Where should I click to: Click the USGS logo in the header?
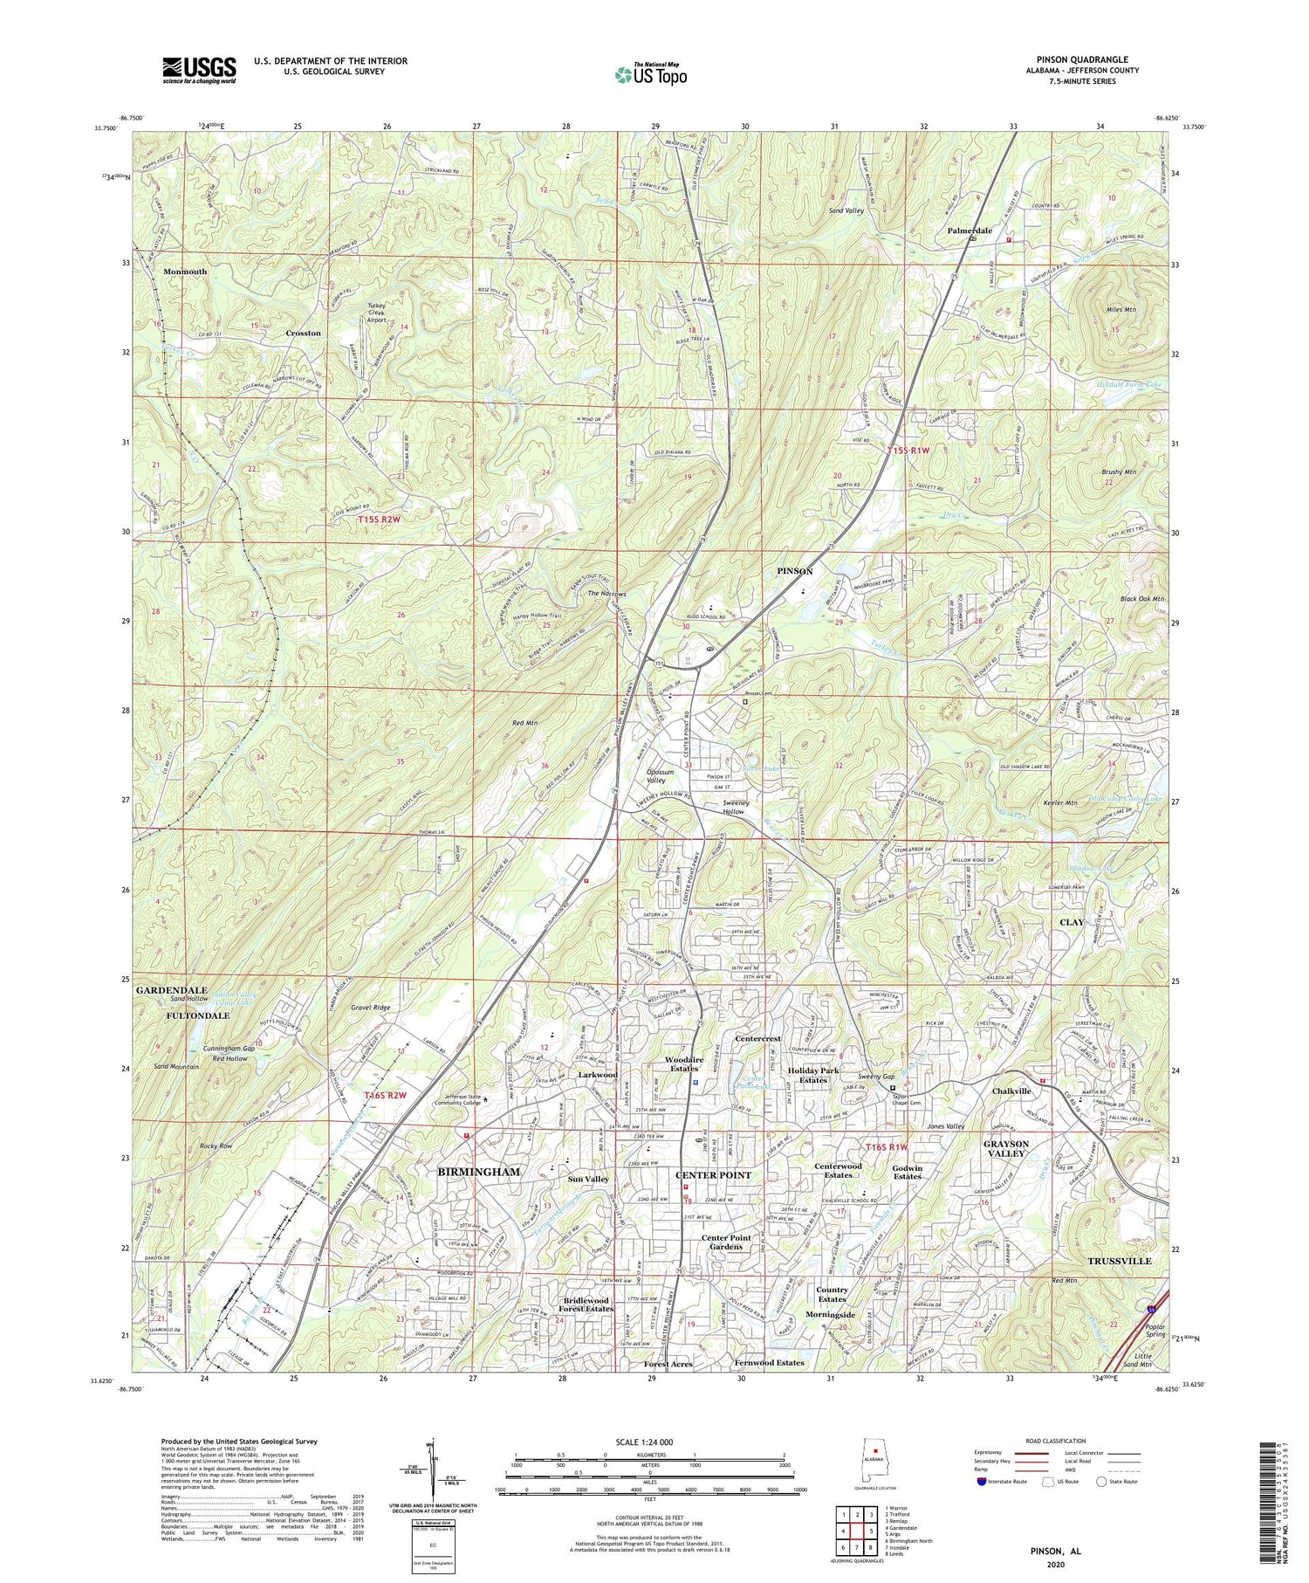click(x=199, y=70)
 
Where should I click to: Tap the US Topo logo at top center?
click(x=650, y=75)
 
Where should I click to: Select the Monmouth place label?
click(x=185, y=272)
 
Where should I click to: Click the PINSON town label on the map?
click(x=794, y=571)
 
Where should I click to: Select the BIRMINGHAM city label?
click(x=478, y=1172)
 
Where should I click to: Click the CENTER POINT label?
click(x=713, y=1175)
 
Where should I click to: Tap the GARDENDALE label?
click(x=171, y=990)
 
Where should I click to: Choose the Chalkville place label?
click(x=1011, y=1091)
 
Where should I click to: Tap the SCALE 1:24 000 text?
click(x=649, y=1442)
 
